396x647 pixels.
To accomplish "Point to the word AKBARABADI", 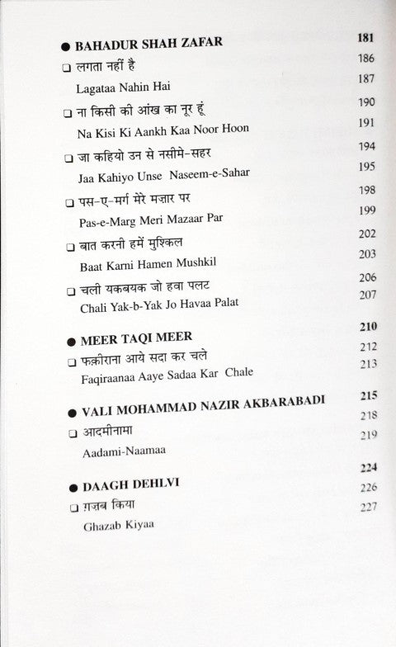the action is [277, 402].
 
